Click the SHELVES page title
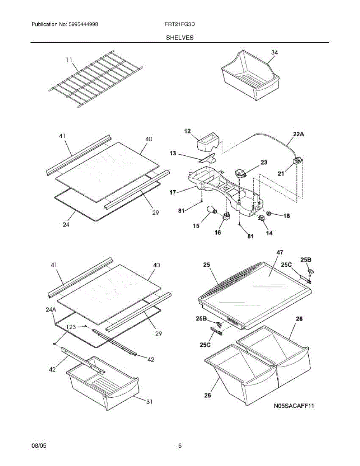pyautogui.click(x=180, y=38)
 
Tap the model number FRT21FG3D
pyautogui.click(x=180, y=24)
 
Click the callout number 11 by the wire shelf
pyautogui.click(x=70, y=60)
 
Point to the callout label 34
pyautogui.click(x=274, y=52)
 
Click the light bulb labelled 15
pyautogui.click(x=213, y=211)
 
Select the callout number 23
pyautogui.click(x=264, y=163)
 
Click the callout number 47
pyautogui.click(x=280, y=252)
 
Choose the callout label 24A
pyautogui.click(x=51, y=310)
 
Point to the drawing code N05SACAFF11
pyautogui.click(x=294, y=406)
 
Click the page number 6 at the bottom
pyautogui.click(x=180, y=446)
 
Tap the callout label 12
pyautogui.click(x=187, y=132)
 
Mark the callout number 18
pyautogui.click(x=286, y=216)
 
